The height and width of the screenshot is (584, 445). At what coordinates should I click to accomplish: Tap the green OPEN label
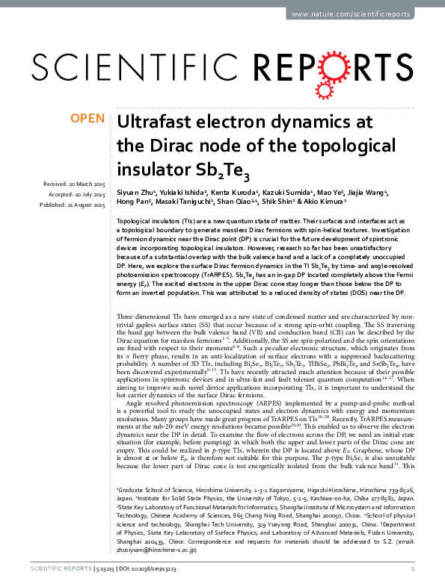[x=87, y=118]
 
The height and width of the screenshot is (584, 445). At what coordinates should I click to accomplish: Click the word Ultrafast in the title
[x=154, y=121]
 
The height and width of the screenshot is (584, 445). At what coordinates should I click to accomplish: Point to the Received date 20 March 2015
[x=74, y=184]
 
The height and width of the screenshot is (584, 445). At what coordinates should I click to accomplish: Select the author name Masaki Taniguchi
[x=182, y=202]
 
